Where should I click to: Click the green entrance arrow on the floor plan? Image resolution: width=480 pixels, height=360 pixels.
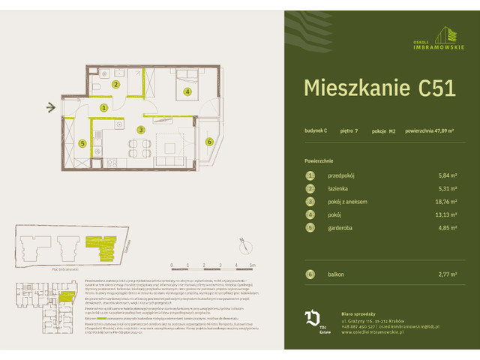click(x=50, y=107)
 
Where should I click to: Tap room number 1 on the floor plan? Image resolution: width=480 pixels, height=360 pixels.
click(x=105, y=107)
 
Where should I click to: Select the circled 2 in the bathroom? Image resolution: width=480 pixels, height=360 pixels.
click(x=115, y=85)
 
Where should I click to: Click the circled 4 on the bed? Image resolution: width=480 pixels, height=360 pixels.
click(x=187, y=92)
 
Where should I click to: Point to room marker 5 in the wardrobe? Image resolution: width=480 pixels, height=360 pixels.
click(x=83, y=143)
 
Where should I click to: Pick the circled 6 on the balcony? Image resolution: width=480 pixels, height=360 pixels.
click(x=209, y=141)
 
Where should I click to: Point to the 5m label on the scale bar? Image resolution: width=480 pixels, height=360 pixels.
click(x=253, y=265)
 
